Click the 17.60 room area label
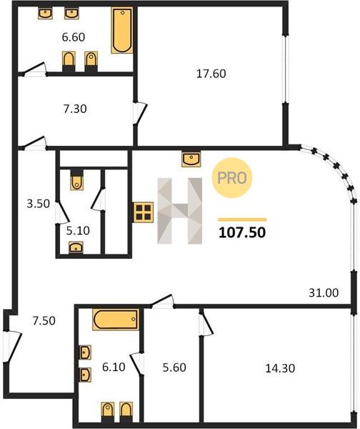pyautogui.click(x=211, y=74)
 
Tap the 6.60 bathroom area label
pyautogui.click(x=74, y=37)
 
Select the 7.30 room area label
pyautogui.click(x=75, y=109)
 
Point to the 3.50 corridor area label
pyautogui.click(x=39, y=204)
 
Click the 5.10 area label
pyautogui.click(x=78, y=231)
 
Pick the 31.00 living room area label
pyautogui.click(x=324, y=292)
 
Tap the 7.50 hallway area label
pyautogui.click(x=44, y=320)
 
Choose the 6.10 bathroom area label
pyautogui.click(x=114, y=367)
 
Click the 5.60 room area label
pyautogui.click(x=174, y=368)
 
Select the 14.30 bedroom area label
pyautogui.click(x=280, y=368)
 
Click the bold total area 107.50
pyautogui.click(x=242, y=233)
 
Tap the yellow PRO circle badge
pyautogui.click(x=232, y=178)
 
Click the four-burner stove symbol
pyautogui.click(x=144, y=212)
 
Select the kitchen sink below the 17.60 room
pyautogui.click(x=191, y=159)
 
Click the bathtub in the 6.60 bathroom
pyautogui.click(x=122, y=30)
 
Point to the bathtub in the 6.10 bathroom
pyautogui.click(x=116, y=320)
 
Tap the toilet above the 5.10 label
pyautogui.click(x=77, y=180)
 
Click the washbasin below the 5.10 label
pyautogui.click(x=76, y=247)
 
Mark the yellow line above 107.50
pyautogui.click(x=242, y=220)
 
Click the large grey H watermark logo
pyautogui.click(x=179, y=211)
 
